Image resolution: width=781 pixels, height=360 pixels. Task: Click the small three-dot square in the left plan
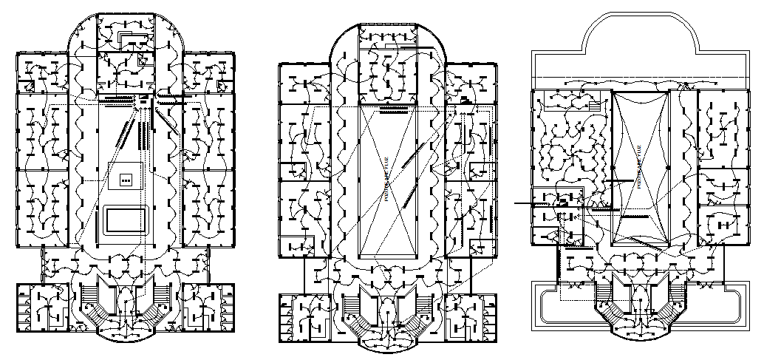coord(125,178)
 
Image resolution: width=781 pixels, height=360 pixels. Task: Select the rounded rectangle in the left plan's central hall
coord(126,220)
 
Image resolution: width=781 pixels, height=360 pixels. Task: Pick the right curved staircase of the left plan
coord(163,306)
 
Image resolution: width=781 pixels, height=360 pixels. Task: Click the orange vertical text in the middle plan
coord(385,177)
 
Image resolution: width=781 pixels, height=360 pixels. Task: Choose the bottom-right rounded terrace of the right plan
coord(717,302)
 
